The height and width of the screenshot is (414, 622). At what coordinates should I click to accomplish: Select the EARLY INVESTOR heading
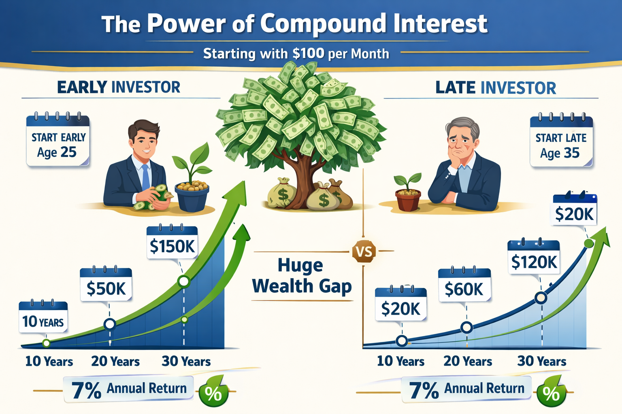[x=118, y=87]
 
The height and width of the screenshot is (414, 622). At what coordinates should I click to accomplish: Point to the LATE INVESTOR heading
[x=495, y=88]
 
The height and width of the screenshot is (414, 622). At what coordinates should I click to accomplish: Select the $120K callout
[x=534, y=261]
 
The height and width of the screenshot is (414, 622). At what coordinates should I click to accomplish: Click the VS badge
[x=364, y=252]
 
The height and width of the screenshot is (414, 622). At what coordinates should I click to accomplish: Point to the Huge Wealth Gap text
[x=302, y=276]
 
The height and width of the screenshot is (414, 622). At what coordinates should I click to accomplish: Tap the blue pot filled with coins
[x=192, y=196]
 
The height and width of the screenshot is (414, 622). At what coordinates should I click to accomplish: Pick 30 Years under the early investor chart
[x=186, y=361]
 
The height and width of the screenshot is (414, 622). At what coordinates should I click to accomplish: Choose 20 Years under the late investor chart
[x=467, y=361]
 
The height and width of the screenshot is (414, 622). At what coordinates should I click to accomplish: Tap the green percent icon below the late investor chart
[x=552, y=393]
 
